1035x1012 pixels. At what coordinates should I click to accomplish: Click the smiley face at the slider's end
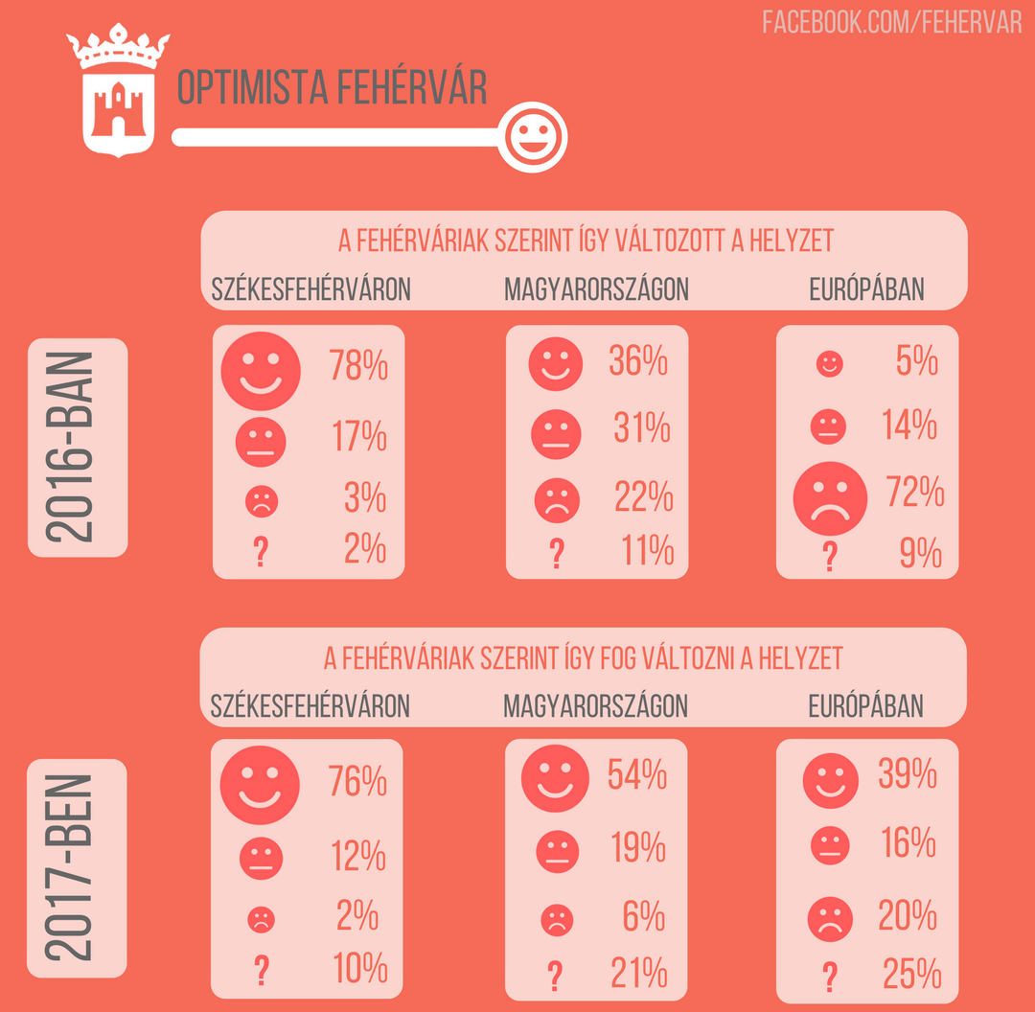[x=535, y=137]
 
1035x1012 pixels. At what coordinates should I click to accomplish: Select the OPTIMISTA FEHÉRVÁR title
[x=332, y=89]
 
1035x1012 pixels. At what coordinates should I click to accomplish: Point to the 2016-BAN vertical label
[x=78, y=448]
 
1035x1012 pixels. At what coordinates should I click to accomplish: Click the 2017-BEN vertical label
[x=78, y=868]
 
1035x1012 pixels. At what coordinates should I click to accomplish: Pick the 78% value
[x=358, y=365]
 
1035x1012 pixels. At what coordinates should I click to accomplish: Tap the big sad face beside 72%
[x=830, y=497]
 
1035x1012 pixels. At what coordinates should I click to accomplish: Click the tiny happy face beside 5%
[x=829, y=364]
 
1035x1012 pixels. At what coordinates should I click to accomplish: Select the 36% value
[x=638, y=361]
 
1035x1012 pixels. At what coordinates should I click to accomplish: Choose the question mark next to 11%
[x=555, y=553]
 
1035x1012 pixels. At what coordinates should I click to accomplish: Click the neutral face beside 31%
[x=556, y=433]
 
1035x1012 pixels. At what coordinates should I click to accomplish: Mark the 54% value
[x=638, y=773]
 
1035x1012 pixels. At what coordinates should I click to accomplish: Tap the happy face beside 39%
[x=830, y=777]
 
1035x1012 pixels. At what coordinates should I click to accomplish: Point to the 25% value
[x=911, y=975]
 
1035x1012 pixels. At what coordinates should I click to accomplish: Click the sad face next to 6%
[x=556, y=921]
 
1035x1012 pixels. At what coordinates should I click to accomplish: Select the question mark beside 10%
[x=260, y=972]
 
